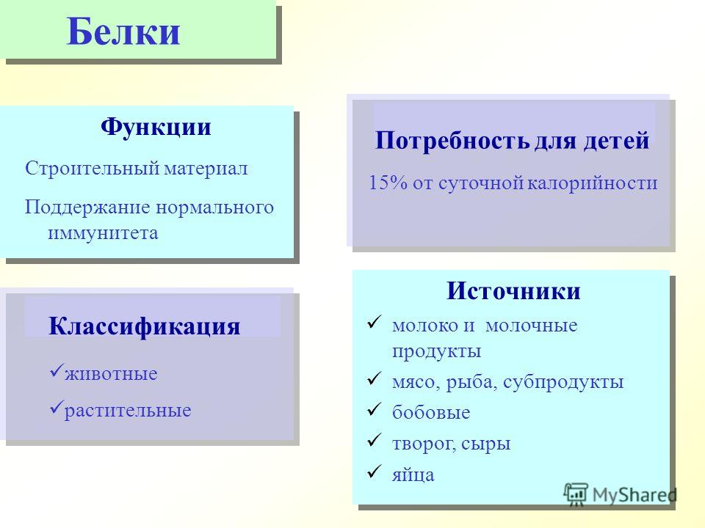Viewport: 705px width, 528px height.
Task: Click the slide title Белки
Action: [x=123, y=32]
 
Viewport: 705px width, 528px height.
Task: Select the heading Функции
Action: [x=156, y=127]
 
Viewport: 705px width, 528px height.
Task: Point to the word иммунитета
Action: [x=103, y=233]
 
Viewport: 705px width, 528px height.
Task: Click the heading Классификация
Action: [x=145, y=326]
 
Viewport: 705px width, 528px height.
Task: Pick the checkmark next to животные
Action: [x=57, y=370]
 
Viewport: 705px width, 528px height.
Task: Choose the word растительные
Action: [x=128, y=411]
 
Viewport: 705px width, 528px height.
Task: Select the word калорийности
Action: [x=592, y=183]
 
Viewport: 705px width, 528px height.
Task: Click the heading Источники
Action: [x=513, y=291]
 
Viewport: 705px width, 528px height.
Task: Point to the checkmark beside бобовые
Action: [x=374, y=409]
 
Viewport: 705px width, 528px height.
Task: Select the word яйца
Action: [x=413, y=474]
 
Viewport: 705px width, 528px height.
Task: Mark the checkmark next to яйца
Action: [x=374, y=472]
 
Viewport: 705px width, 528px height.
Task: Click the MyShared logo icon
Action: [x=576, y=494]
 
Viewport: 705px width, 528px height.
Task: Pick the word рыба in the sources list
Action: [x=471, y=383]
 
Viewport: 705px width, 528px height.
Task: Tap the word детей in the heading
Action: [x=616, y=141]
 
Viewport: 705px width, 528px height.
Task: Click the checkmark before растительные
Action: [x=57, y=407]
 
